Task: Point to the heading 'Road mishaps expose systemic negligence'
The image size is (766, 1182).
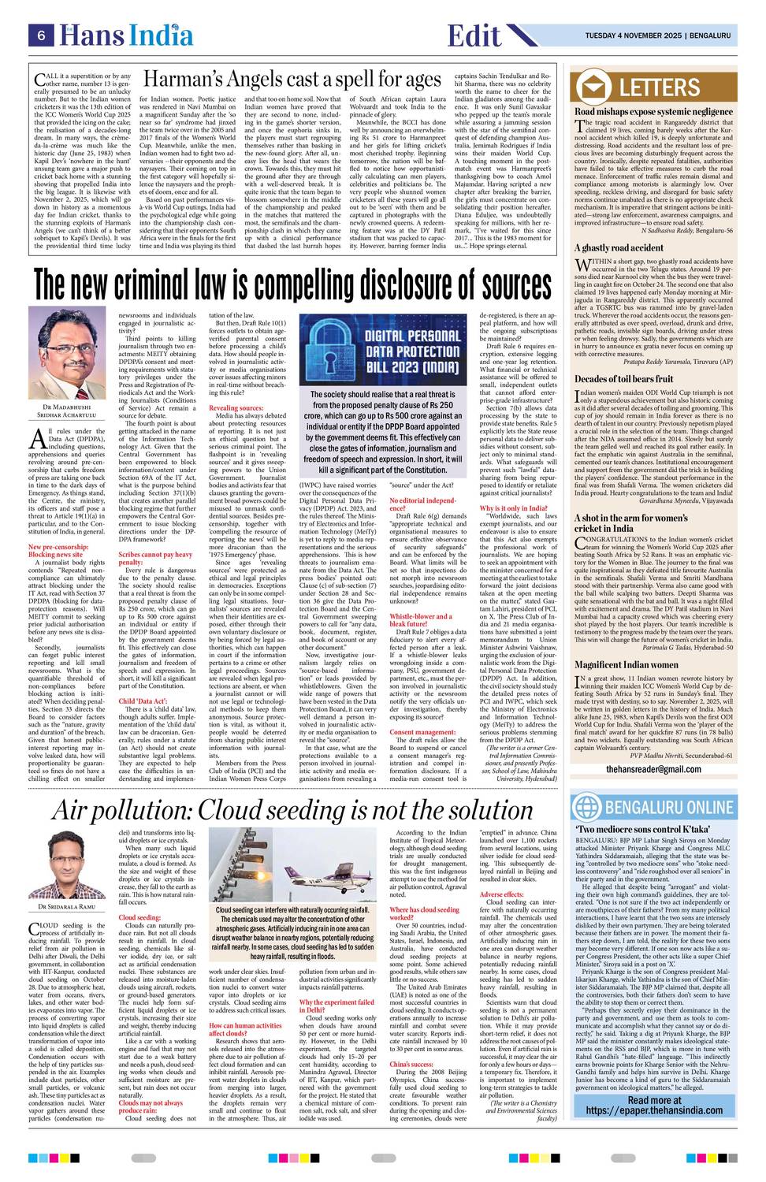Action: click(653, 112)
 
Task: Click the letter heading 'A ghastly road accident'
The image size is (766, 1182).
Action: click(619, 248)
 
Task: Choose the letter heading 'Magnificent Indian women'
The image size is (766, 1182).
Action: click(627, 664)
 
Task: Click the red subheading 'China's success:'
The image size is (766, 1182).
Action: click(411, 1064)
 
